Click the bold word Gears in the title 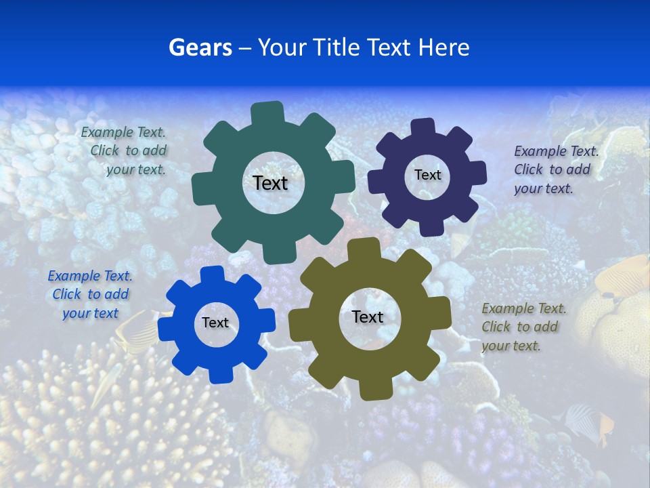click(200, 47)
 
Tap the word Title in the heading click(337, 47)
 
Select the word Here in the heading click(443, 47)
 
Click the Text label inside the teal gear click(270, 183)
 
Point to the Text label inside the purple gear click(427, 175)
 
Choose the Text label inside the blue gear click(215, 323)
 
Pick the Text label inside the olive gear click(368, 317)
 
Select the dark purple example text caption click(555, 169)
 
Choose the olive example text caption click(523, 327)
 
